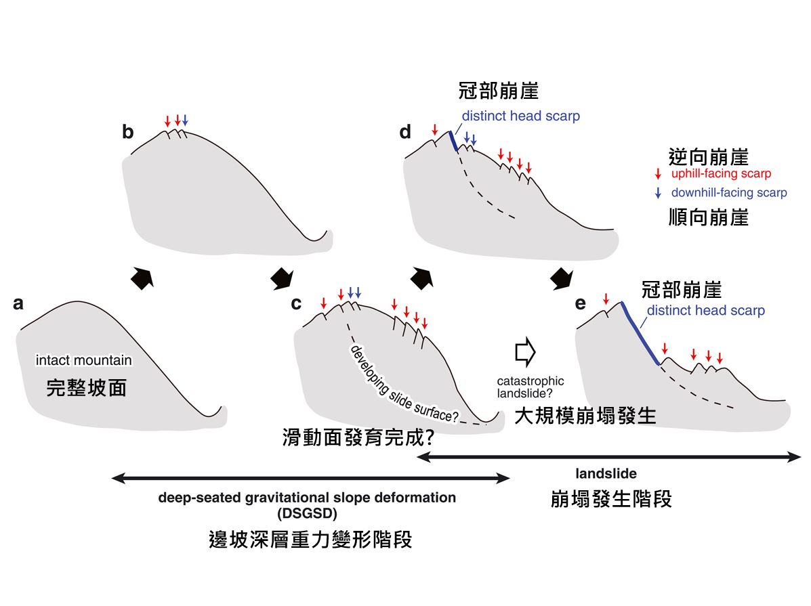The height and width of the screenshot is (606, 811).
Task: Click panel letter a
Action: click(x=18, y=304)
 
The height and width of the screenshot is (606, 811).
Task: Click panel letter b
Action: click(x=127, y=132)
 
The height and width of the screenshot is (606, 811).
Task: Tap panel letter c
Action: click(x=296, y=303)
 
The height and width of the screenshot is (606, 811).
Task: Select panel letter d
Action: click(x=405, y=132)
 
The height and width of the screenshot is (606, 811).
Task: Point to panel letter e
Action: click(x=580, y=303)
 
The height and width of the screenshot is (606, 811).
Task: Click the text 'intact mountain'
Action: click(x=84, y=360)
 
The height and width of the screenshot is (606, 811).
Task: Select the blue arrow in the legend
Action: click(x=659, y=193)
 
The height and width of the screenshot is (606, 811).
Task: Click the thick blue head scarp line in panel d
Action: click(x=453, y=141)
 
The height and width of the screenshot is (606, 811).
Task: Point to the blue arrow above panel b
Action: click(x=185, y=121)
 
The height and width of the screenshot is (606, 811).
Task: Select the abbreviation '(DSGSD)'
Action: click(x=306, y=512)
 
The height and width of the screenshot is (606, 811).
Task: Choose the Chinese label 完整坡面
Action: click(x=86, y=388)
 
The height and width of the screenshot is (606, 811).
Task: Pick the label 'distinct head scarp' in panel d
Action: click(x=520, y=116)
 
